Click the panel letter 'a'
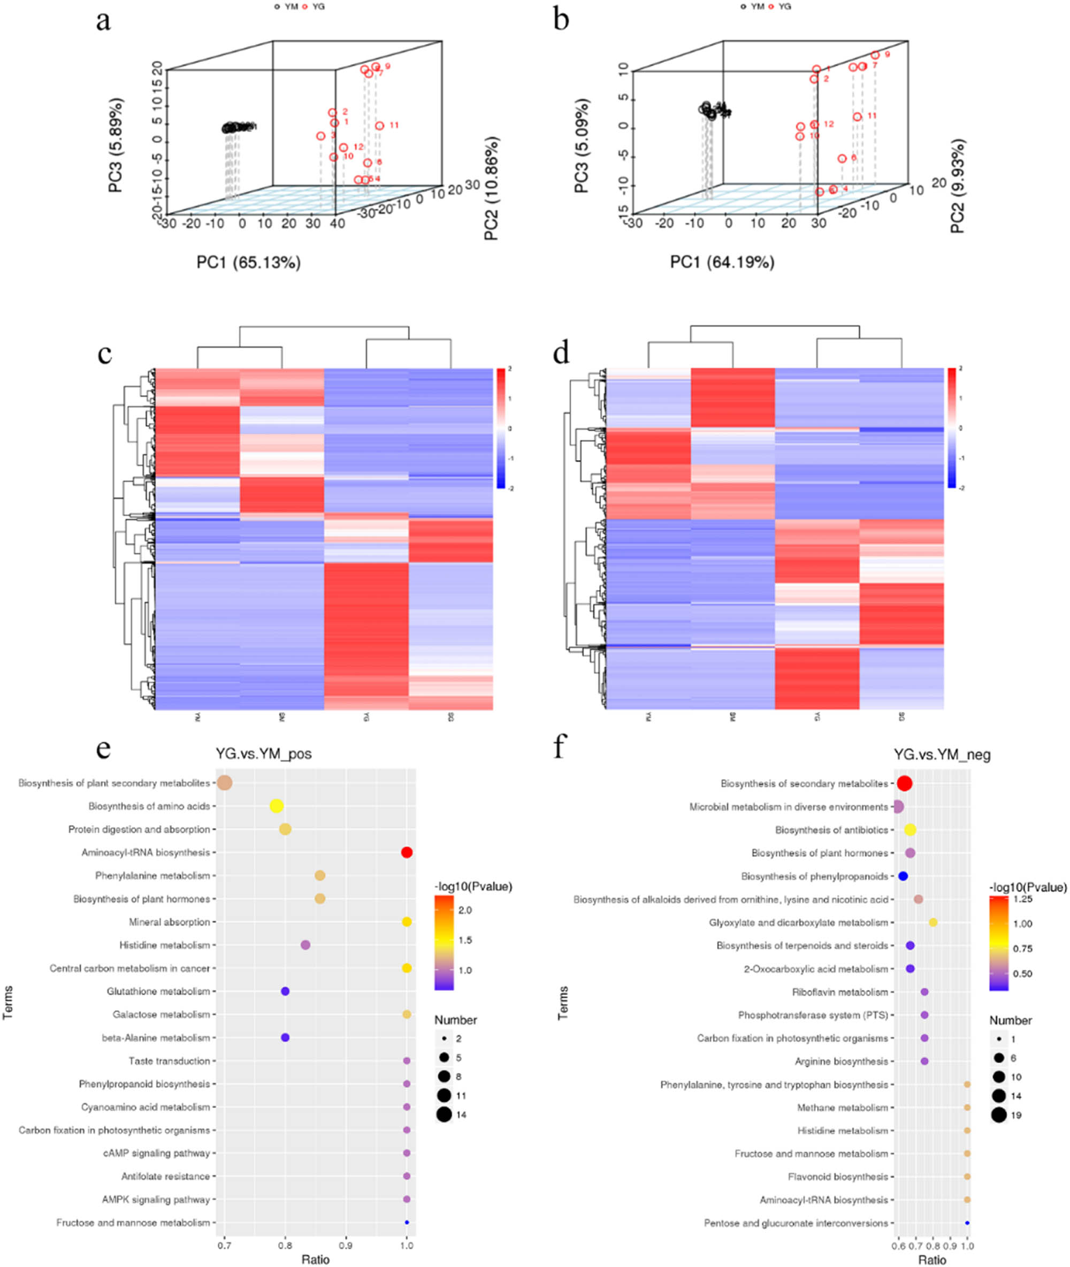coord(103,22)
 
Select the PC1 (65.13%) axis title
coord(248,263)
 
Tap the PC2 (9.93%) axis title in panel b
coord(957,186)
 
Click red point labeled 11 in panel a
coord(379,126)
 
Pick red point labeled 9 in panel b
coord(875,55)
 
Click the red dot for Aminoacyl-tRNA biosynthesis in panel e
coord(407,853)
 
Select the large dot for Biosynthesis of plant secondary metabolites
coord(225,783)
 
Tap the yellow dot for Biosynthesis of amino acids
coord(277,806)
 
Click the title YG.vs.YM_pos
coord(264,754)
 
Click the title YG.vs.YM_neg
coord(942,755)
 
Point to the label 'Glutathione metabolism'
coord(158,991)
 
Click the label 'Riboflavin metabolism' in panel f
coord(839,992)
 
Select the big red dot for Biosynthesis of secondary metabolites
coord(904,784)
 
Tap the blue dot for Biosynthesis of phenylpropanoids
coord(903,876)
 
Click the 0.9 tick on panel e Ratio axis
coord(346,1246)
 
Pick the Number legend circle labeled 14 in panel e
coord(444,1115)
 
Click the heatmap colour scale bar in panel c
coord(500,428)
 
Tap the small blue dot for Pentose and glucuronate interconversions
coord(967,1223)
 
